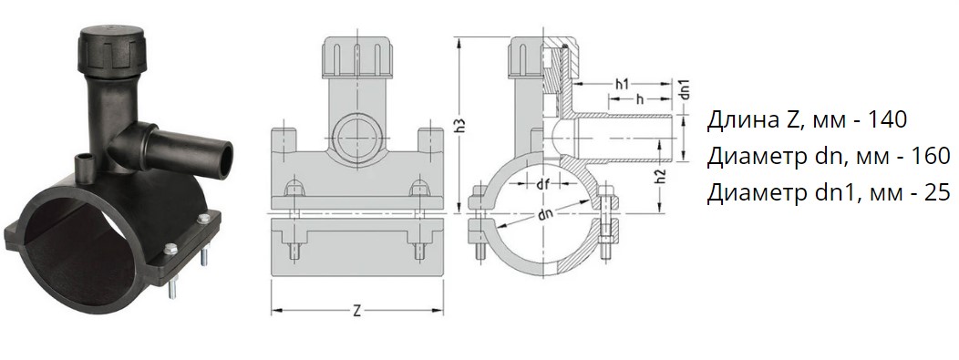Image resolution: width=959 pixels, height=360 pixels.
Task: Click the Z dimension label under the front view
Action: point(357,311)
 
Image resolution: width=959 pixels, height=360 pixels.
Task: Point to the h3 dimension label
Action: point(462,124)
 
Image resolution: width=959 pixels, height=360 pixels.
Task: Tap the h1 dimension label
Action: point(622,85)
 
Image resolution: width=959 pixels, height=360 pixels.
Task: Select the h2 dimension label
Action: point(659,177)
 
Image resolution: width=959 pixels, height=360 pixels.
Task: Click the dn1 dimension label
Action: point(686,89)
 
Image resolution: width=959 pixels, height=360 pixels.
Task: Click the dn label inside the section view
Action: point(543,216)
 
